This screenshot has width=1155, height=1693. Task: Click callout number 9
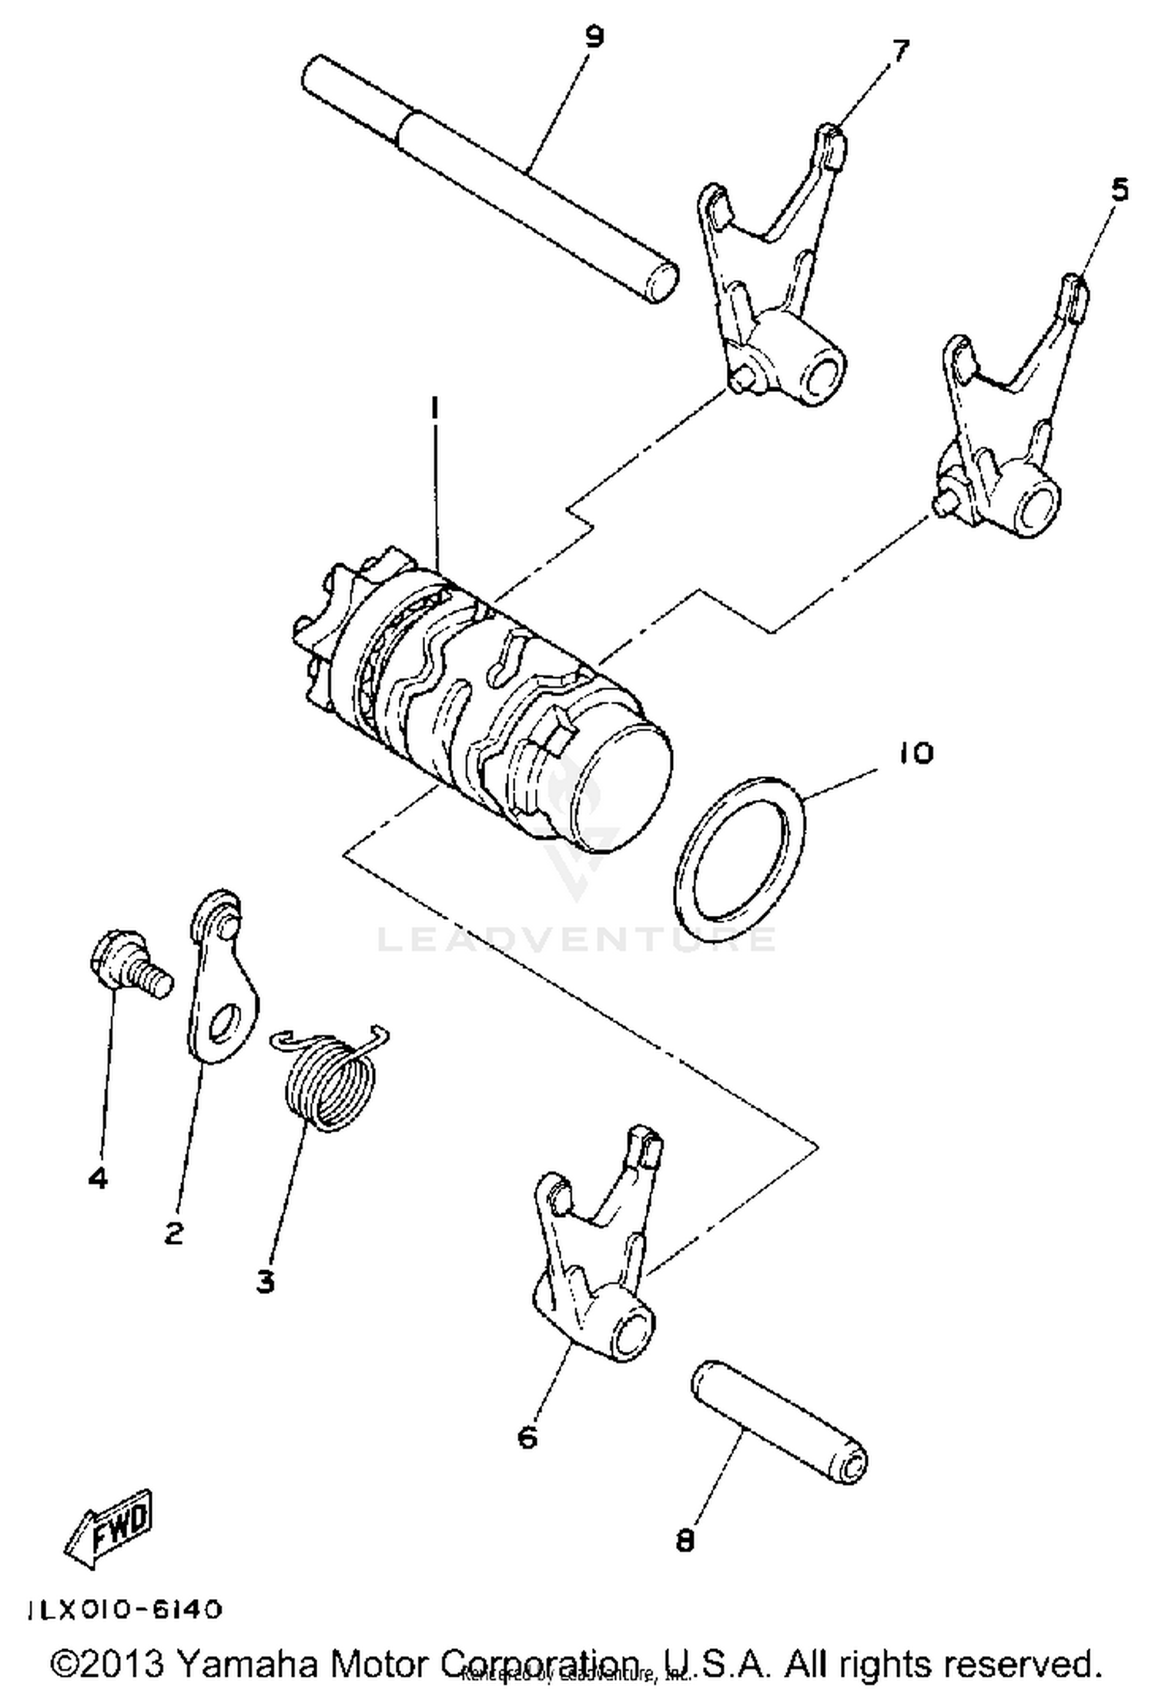click(594, 36)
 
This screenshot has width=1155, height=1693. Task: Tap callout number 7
click(900, 51)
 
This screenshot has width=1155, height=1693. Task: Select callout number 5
click(1119, 189)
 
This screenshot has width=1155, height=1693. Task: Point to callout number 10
click(914, 753)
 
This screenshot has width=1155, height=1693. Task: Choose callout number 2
click(174, 1233)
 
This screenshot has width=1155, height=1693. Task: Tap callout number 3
click(265, 1282)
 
